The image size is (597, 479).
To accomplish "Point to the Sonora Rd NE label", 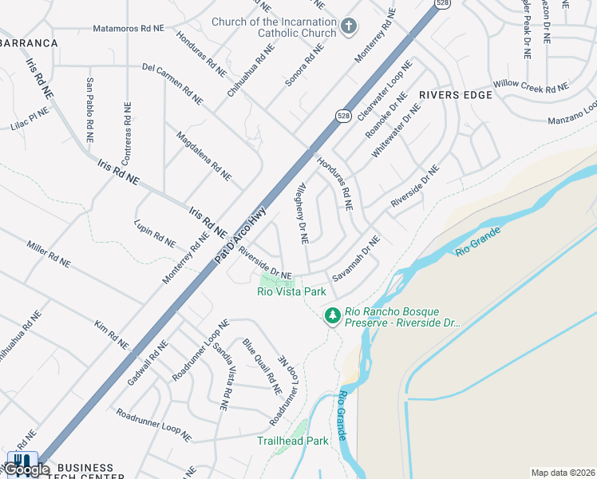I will pyautogui.click(x=305, y=65).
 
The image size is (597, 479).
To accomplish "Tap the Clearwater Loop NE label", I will pyautogui.click(x=385, y=90).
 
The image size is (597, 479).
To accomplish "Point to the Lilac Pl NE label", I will pyautogui.click(x=30, y=119).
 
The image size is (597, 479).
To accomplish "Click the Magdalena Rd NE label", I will pyautogui.click(x=204, y=156).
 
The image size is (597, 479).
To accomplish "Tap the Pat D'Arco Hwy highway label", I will pyautogui.click(x=239, y=236).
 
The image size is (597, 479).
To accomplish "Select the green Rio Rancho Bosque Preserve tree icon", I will pyautogui.click(x=332, y=317).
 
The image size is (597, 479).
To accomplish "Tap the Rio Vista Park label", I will pyautogui.click(x=291, y=292).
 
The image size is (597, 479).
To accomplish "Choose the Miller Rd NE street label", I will pyautogui.click(x=48, y=253).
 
